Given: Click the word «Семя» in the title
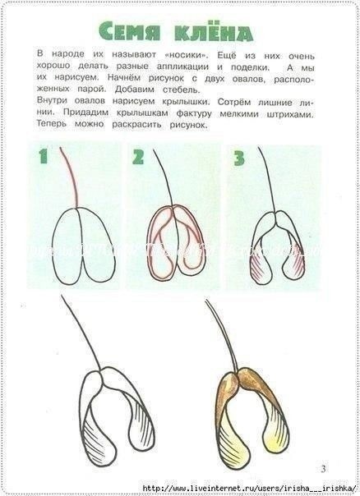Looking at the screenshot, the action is pos(130,31).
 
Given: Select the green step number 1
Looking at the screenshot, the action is pos(43,156).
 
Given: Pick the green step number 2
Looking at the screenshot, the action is pos(138,157).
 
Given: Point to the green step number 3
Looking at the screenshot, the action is pos(239,158).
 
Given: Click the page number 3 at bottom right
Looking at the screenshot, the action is pos(323,468).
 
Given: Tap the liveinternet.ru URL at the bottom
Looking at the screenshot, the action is pos(250,488).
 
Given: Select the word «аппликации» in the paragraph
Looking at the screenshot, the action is pos(182,67).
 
